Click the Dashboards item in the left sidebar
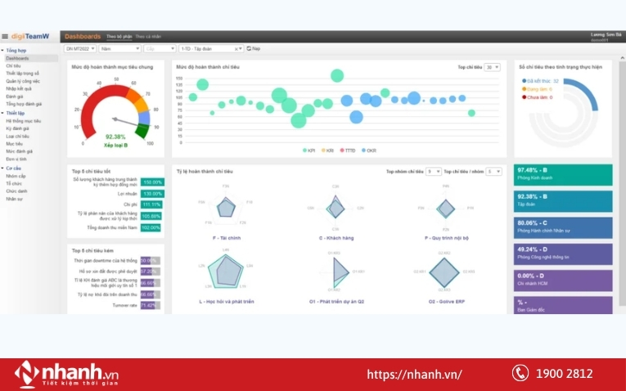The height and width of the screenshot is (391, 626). tap(17, 59)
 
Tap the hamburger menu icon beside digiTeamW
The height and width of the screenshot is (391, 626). tap(5, 37)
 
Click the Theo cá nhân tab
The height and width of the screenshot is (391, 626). tap(148, 37)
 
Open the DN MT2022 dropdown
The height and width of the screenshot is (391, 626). tap(80, 48)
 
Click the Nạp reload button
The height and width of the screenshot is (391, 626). tap(255, 48)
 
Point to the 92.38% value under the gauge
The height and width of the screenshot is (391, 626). tap(116, 137)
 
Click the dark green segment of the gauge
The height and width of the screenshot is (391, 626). tap(143, 130)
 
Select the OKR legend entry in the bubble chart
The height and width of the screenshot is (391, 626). tap(369, 151)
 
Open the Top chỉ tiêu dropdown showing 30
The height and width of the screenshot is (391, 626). tap(492, 67)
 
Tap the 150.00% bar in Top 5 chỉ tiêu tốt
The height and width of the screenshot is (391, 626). tap(152, 182)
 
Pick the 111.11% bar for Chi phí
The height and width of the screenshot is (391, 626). tap(151, 204)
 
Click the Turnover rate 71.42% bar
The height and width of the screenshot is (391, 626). tap(148, 305)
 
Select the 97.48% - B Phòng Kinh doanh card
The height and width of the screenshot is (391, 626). tap(563, 175)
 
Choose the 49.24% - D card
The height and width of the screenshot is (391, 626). tap(563, 254)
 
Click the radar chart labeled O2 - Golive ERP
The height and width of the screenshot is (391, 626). tap(444, 271)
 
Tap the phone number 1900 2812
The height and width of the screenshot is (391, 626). tap(565, 374)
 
